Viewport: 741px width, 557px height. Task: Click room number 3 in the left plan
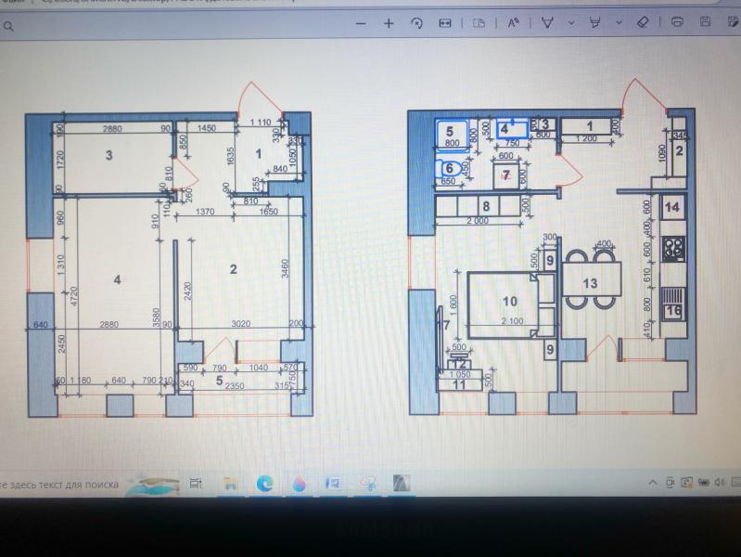109,155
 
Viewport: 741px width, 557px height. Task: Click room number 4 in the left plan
118,278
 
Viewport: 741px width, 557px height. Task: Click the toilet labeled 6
450,169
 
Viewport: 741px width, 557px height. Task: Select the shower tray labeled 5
451,136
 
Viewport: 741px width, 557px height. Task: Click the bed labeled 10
508,301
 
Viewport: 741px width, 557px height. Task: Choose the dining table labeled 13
590,280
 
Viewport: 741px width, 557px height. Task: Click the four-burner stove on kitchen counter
674,248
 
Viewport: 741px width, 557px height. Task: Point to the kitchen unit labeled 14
674,206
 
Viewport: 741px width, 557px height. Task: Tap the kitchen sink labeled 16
674,307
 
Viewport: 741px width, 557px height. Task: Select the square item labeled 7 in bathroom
506,175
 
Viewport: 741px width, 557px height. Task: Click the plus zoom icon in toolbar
389,23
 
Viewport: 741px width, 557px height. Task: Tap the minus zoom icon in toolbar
361,23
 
